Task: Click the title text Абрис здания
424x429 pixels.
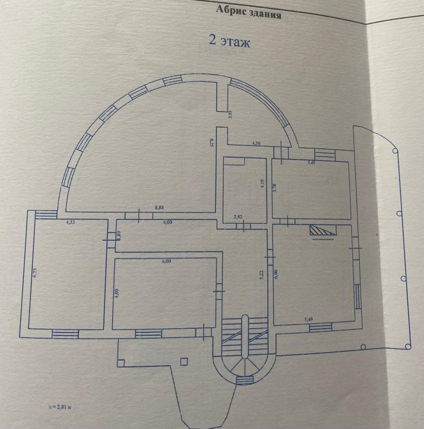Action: pos(248,12)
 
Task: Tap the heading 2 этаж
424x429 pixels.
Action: pos(230,42)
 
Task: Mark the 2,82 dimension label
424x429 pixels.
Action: pos(238,216)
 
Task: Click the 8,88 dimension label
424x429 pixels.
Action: pos(159,208)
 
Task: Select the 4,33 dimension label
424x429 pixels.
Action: pos(71,222)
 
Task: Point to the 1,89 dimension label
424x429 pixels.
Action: pos(118,235)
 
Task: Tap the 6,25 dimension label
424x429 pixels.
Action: pos(35,272)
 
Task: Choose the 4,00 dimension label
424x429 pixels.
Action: pos(116,292)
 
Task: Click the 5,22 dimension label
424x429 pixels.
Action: pos(261,275)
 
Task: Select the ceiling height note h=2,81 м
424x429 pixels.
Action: pos(61,407)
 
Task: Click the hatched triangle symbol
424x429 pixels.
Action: pos(322,231)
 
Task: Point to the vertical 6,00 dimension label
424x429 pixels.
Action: pos(276,274)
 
